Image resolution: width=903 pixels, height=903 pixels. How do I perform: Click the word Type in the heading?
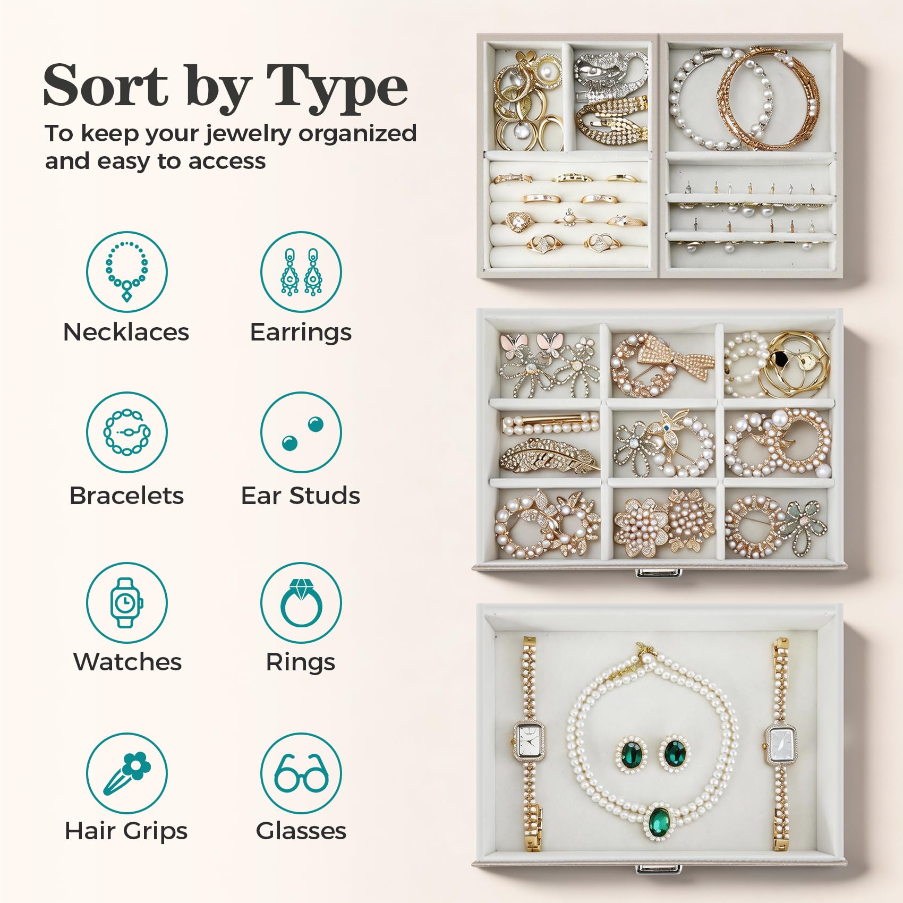[337, 87]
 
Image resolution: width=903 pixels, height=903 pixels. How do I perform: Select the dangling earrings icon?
[301, 271]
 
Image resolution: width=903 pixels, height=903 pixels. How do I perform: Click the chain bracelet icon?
[127, 432]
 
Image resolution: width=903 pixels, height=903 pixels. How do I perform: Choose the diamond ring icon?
[301, 602]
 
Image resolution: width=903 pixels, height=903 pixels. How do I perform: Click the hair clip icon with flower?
[127, 773]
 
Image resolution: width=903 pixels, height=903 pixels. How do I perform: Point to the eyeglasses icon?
[301, 773]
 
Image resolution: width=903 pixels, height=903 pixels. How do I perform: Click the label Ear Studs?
[301, 496]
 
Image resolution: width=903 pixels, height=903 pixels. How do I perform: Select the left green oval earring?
[632, 755]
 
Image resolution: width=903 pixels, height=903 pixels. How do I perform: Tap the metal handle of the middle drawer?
[659, 572]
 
